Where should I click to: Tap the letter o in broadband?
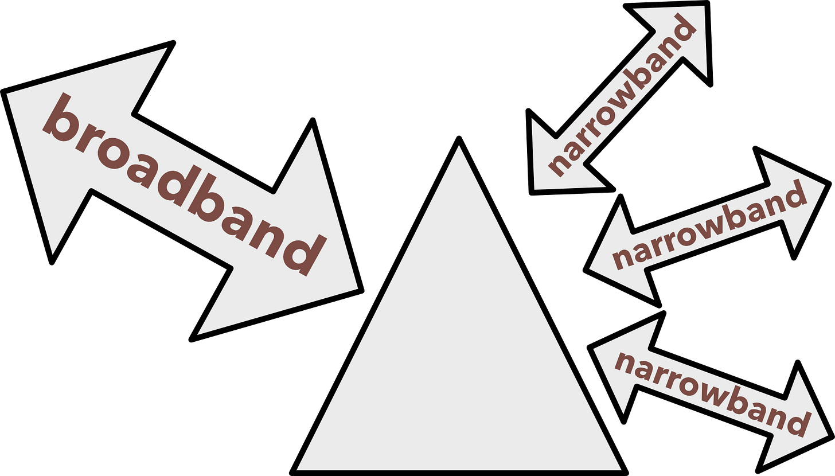pos(111,155)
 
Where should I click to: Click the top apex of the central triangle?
pos(459,146)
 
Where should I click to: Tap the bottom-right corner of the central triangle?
pos(620,469)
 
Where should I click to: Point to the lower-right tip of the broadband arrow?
pos(356,288)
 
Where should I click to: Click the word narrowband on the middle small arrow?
pos(708,227)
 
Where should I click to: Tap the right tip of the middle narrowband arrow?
pos(824,185)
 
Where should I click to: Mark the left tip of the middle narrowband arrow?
pos(591,268)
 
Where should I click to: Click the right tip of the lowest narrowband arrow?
pos(827,435)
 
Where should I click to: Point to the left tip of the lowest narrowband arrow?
pos(594,348)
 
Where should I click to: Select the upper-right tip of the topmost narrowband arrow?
pos(703,7)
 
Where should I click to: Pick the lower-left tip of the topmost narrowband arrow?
pos(535,188)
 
